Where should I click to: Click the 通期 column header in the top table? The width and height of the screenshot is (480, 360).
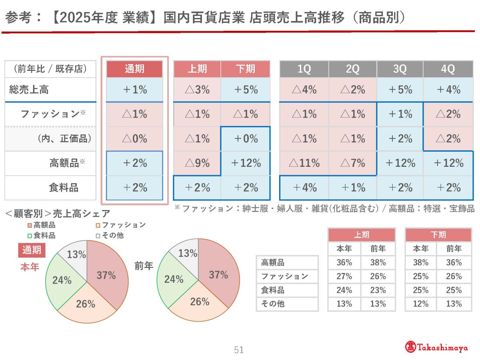[x=134, y=69]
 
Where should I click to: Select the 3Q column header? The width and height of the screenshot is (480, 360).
[x=400, y=69]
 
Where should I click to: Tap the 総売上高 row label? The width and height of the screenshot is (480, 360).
[x=29, y=90]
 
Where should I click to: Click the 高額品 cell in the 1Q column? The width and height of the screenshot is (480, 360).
[x=304, y=163]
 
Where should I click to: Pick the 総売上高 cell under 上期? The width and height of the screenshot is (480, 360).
[x=197, y=90]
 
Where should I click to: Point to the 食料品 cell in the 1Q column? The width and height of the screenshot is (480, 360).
[x=304, y=188]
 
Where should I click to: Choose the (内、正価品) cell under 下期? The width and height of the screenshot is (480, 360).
[x=246, y=138]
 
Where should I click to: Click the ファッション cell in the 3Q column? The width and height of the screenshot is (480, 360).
[x=400, y=114]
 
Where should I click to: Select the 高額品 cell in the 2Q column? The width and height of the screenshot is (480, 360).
[x=352, y=163]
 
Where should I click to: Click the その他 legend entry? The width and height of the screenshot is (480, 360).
[x=110, y=236]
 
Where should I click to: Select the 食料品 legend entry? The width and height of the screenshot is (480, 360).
[x=42, y=236]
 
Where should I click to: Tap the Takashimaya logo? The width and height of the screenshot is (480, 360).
[x=436, y=347]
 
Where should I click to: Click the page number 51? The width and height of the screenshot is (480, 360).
[x=239, y=350]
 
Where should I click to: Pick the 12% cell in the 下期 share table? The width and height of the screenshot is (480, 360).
[x=420, y=304]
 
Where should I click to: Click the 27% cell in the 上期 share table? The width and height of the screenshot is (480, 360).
[x=344, y=276]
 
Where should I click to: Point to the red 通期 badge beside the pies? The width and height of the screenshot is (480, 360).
[x=32, y=250]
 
